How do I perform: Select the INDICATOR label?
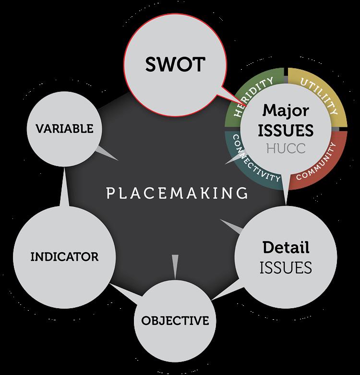coord(64,256)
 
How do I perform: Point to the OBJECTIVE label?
coord(175,320)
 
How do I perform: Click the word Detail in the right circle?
coord(286,247)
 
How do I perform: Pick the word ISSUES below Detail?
coord(286,267)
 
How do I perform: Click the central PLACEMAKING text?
coord(177,194)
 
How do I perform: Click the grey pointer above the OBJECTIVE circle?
coord(175,265)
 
